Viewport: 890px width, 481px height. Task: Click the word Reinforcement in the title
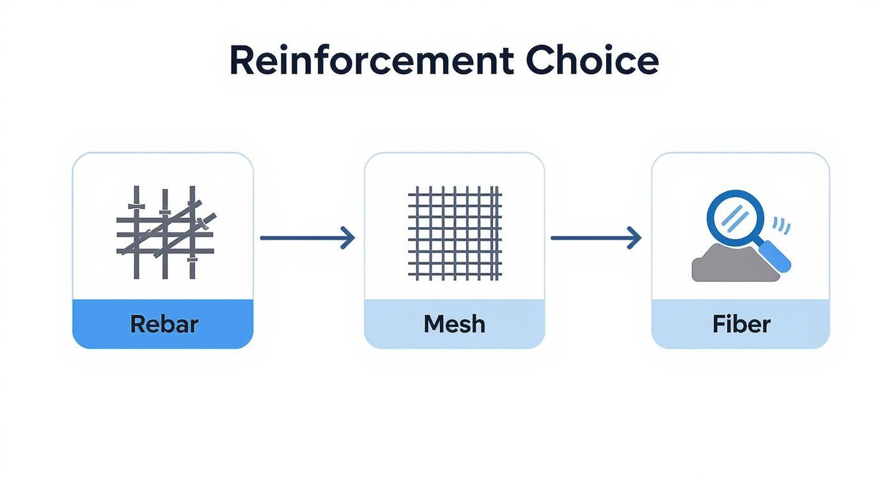[x=371, y=61]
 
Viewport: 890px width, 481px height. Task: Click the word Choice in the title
[x=592, y=61]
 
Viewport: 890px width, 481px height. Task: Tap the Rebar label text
[x=164, y=324]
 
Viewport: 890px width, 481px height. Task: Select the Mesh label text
[x=454, y=324]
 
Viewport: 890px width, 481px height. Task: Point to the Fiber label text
[x=741, y=324]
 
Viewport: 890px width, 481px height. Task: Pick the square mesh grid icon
[x=455, y=233]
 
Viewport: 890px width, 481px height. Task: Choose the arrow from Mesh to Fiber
[x=595, y=238]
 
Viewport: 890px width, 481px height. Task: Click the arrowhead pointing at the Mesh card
[x=348, y=238]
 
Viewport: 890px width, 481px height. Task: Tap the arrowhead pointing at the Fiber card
[x=635, y=238]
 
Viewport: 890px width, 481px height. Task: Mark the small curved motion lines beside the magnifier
[x=781, y=225]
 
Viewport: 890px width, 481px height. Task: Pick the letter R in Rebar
[x=137, y=324]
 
